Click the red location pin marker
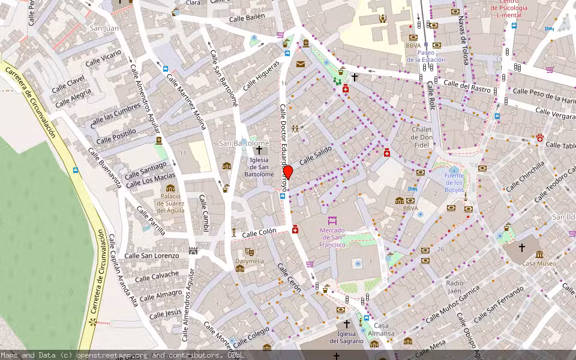[288, 172]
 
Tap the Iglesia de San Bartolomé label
[259, 166]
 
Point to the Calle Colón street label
[259, 233]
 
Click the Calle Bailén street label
[247, 18]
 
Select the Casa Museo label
[539, 263]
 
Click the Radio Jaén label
[455, 287]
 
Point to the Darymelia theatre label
[249, 261]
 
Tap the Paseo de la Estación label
[426, 56]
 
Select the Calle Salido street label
[316, 158]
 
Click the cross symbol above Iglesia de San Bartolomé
[259, 150]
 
